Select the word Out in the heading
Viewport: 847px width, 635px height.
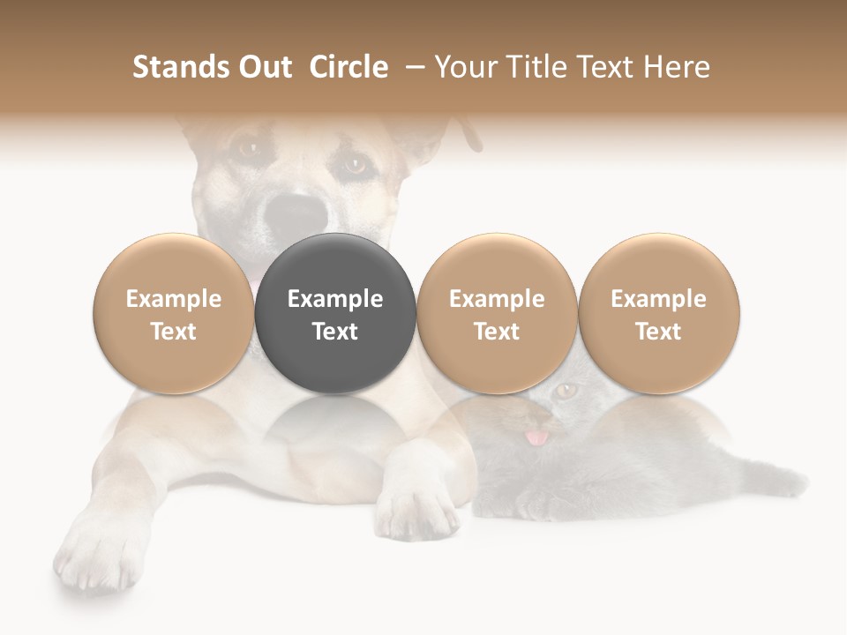[x=262, y=67]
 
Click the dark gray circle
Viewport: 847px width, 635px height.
[x=335, y=313]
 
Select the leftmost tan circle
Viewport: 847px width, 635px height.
[x=174, y=313]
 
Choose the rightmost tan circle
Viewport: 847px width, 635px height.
[x=658, y=313]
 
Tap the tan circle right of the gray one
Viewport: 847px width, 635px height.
[x=497, y=313]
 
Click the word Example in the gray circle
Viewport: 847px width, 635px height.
[x=335, y=299]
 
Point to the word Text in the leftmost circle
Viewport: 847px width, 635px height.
[x=174, y=332]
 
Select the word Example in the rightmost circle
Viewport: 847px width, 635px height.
[x=658, y=299]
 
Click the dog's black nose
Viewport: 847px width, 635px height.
[x=297, y=212]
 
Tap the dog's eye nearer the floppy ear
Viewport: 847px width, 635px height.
[x=355, y=164]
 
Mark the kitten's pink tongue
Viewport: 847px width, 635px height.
[x=536, y=436]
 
